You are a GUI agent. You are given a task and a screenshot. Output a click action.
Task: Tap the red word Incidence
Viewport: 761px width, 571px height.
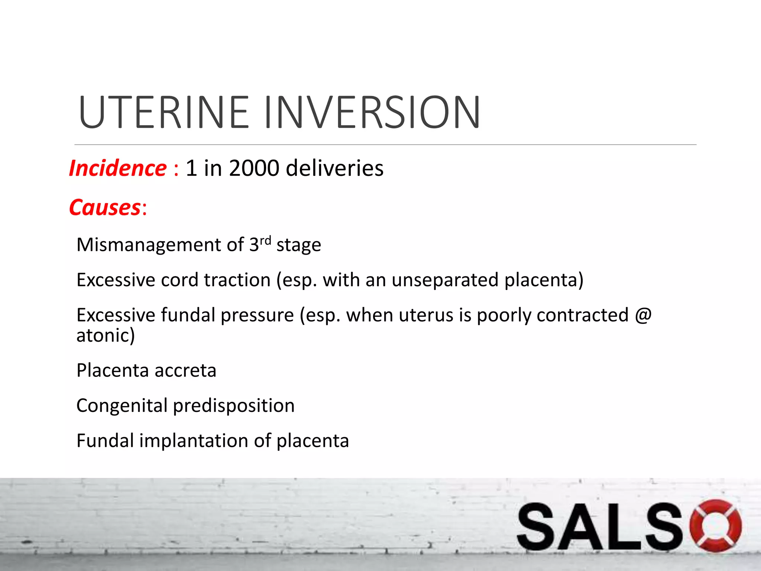coord(118,168)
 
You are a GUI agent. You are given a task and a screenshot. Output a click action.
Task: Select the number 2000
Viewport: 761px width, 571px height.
coord(254,168)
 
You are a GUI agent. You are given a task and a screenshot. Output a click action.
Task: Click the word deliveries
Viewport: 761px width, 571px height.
coord(334,168)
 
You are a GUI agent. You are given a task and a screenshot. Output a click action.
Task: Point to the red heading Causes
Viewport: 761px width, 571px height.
coord(105,207)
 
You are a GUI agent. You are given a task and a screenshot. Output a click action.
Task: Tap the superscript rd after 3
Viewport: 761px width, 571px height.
coord(265,241)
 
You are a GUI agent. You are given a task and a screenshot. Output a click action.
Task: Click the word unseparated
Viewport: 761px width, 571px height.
coord(445,280)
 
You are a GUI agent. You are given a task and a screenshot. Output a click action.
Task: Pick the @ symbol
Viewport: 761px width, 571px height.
coord(643,315)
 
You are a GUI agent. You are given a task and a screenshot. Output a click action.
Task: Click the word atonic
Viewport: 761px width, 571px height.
coord(103,335)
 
